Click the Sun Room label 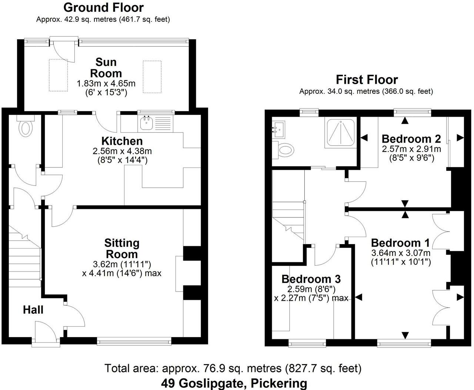[x=106, y=67]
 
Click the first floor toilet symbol [x=284, y=150]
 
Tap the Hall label [x=33, y=310]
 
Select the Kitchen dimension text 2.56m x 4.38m [x=122, y=151]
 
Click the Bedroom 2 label [x=411, y=139]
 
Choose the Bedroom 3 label [x=311, y=279]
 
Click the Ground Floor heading [x=103, y=7]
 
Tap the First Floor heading [x=367, y=79]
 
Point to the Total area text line [x=233, y=368]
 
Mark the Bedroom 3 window [x=307, y=344]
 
